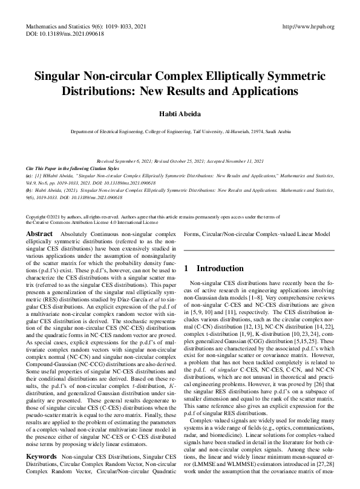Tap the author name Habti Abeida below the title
pyautogui.click(x=180, y=114)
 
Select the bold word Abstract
pyautogui.click(x=40, y=233)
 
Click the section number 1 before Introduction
pyautogui.click(x=186, y=268)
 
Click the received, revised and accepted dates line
pyautogui.click(x=180, y=161)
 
